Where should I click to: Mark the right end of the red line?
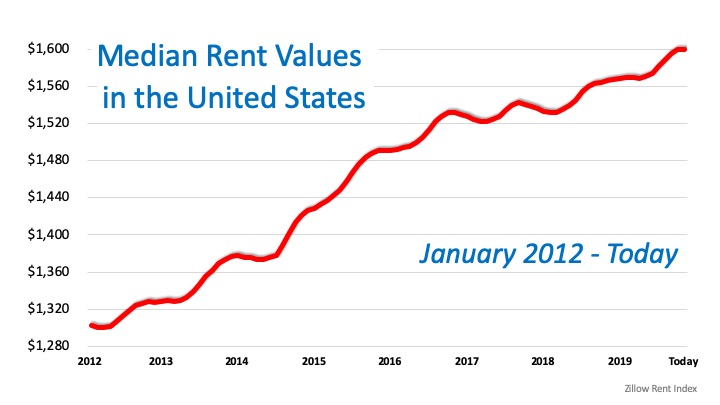click(683, 48)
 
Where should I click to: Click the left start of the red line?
click(91, 325)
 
